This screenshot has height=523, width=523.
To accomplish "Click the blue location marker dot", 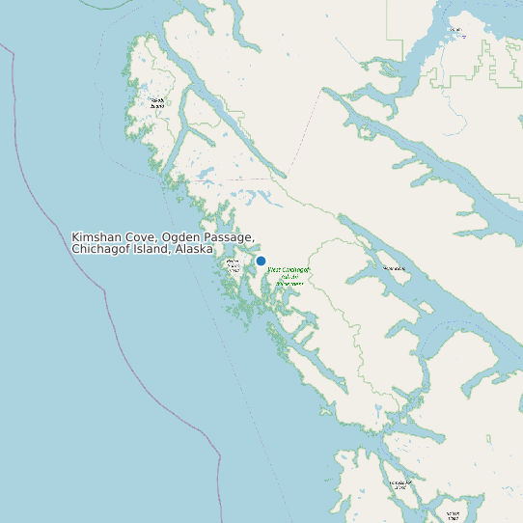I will pyautogui.click(x=261, y=261).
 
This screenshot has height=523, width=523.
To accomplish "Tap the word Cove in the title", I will pyautogui.click(x=143, y=237).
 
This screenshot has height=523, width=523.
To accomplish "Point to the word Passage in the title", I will pyautogui.click(x=231, y=237).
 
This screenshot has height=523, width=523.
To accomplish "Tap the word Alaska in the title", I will pyautogui.click(x=193, y=249).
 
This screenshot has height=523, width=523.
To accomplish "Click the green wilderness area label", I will pyautogui.click(x=289, y=276).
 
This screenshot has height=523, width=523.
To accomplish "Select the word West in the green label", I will pyautogui.click(x=274, y=270).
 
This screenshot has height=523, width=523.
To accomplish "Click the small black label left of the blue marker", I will pyautogui.click(x=233, y=265).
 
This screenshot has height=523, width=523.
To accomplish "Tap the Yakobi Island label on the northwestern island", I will pyautogui.click(x=156, y=102).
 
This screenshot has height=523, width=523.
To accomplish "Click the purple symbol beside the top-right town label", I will pyautogui.click(x=450, y=29).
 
